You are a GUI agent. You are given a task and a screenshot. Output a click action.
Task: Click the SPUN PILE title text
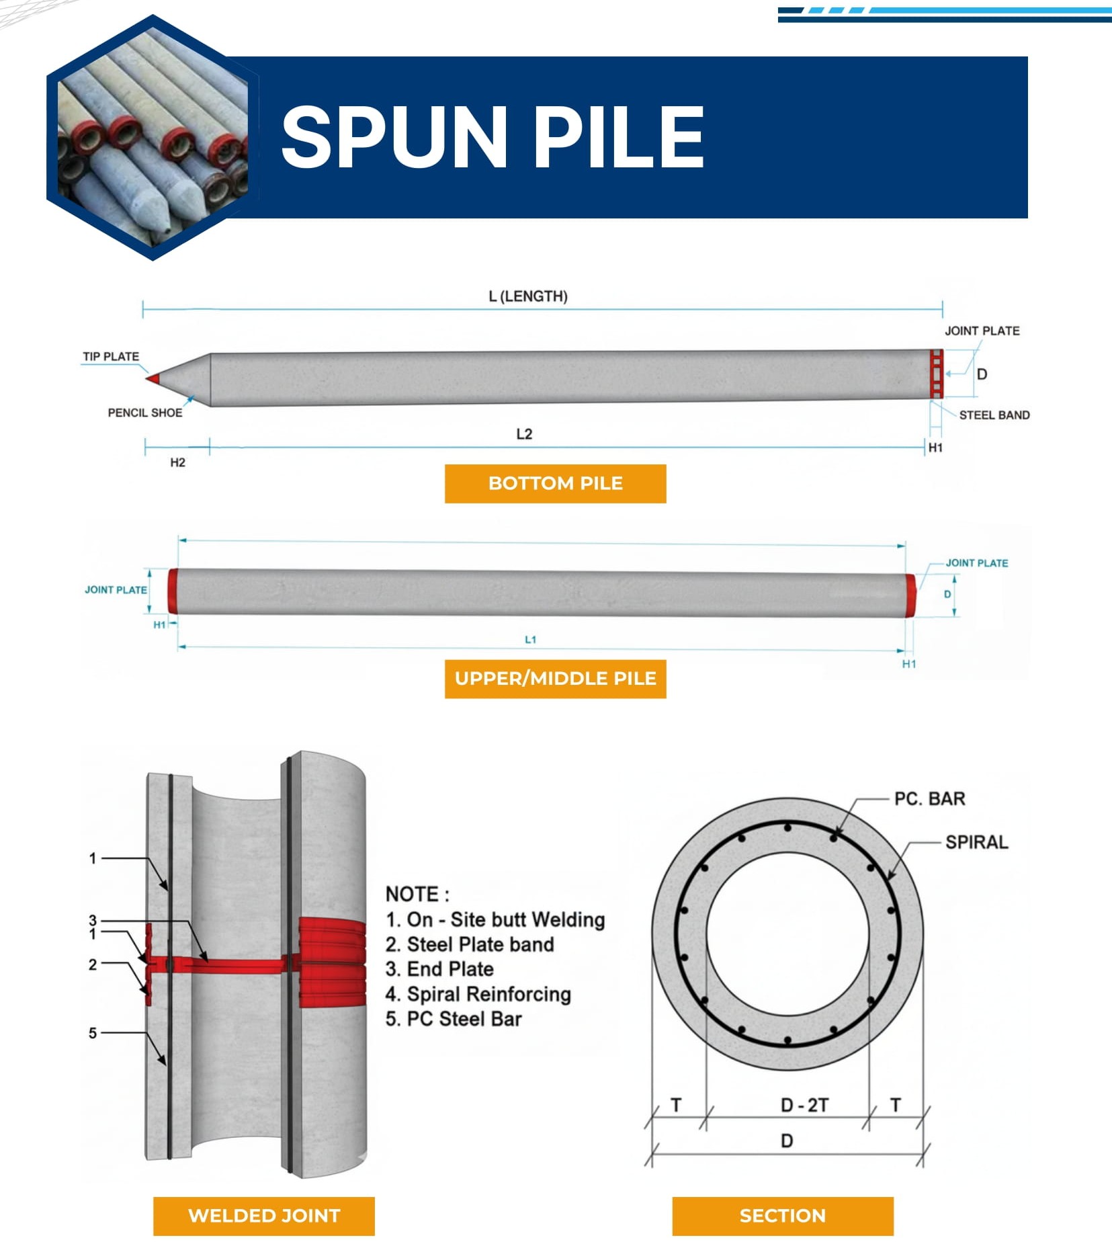[x=492, y=137]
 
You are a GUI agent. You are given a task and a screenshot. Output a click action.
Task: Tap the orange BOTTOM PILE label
[x=555, y=483]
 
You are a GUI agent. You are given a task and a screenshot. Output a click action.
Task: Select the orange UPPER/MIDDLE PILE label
[x=555, y=679]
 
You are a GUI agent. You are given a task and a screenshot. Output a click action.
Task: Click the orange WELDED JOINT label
[x=263, y=1215]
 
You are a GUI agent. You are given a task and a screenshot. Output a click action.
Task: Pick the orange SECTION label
[x=782, y=1215]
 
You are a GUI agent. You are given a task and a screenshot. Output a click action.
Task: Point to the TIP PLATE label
[x=111, y=356]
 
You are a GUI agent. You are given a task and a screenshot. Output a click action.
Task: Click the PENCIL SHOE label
[x=145, y=413]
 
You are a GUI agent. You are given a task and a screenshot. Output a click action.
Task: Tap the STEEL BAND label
[x=994, y=415]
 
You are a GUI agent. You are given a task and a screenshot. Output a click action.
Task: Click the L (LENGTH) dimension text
[x=528, y=296]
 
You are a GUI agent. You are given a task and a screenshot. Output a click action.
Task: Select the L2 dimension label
[x=524, y=434]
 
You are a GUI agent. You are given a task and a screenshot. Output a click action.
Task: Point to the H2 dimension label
[x=177, y=462]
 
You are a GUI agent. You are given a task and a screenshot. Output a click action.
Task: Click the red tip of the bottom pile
[x=153, y=379]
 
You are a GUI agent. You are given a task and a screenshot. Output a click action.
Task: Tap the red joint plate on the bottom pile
[x=936, y=374]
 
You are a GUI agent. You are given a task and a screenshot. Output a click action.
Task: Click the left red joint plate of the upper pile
[x=173, y=591]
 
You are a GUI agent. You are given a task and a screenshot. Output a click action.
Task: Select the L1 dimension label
[x=530, y=639]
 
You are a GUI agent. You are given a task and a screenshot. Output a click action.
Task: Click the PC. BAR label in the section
[x=929, y=798]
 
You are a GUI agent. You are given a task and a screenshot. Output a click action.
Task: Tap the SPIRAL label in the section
[x=976, y=842]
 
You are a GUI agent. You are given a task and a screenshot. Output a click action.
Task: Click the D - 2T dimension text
[x=804, y=1105]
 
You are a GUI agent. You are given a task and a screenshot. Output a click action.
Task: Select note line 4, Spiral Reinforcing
[x=478, y=994]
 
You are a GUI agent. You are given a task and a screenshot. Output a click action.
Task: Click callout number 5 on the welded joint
[x=93, y=1033]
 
